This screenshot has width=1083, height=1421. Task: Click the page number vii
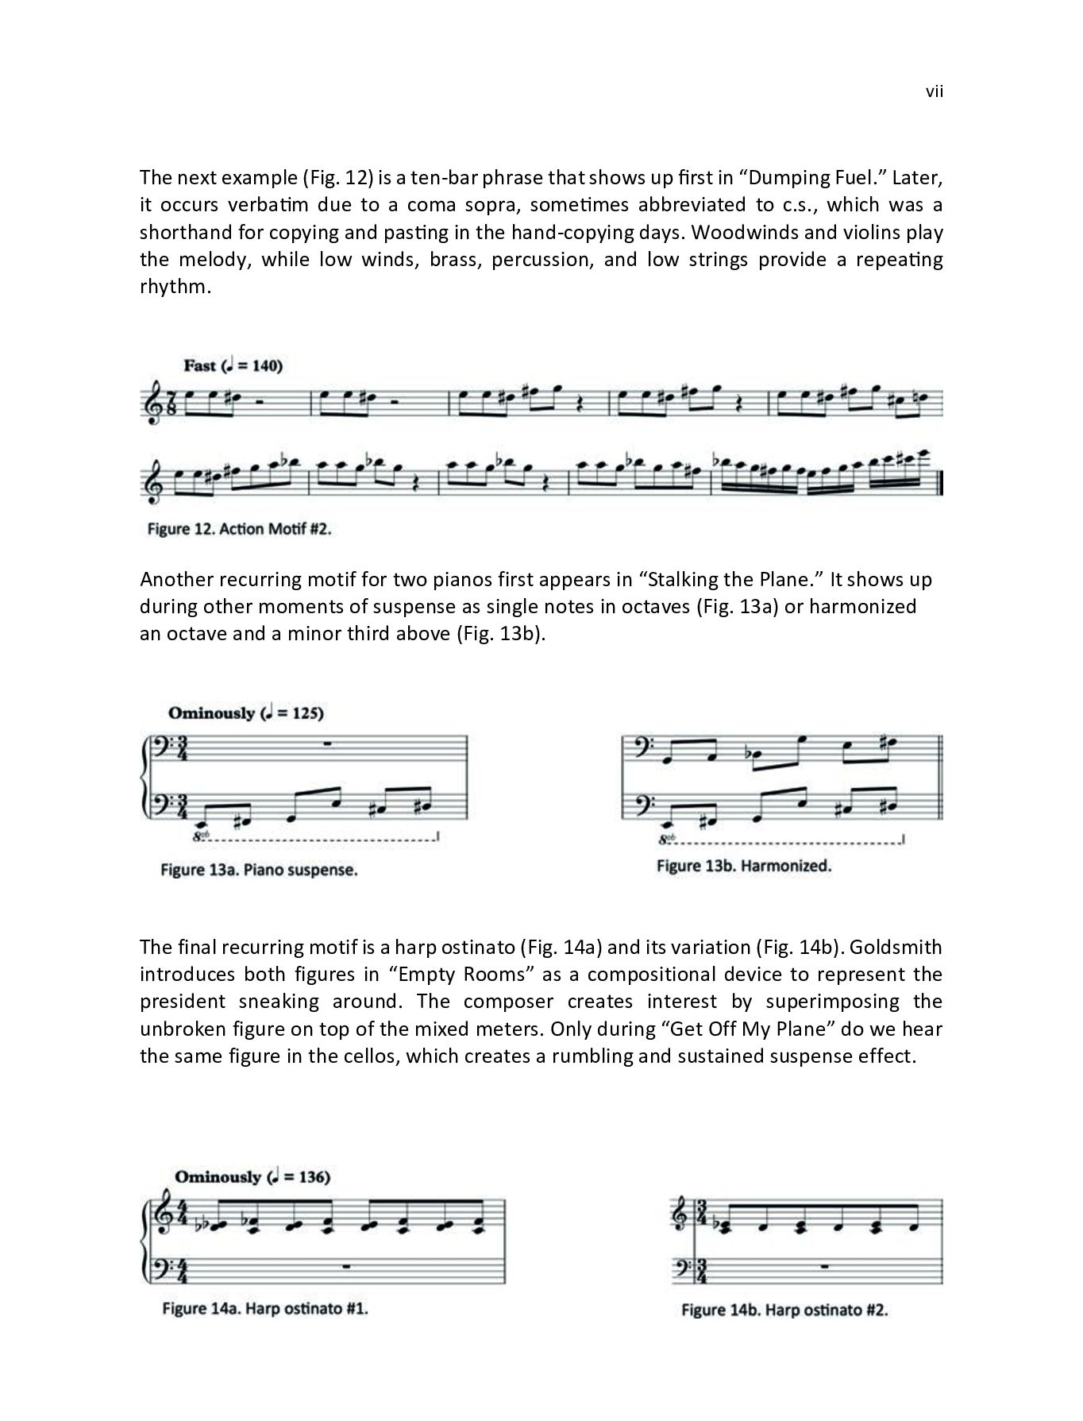tap(934, 92)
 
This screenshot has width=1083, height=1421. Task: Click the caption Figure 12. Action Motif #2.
tap(238, 530)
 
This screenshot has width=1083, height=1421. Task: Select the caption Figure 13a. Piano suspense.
tap(258, 870)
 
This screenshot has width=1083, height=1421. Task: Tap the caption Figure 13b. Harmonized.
tap(743, 866)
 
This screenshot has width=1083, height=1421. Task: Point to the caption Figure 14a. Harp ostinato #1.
tap(264, 1308)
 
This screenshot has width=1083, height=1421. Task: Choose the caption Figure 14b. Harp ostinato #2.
tap(784, 1310)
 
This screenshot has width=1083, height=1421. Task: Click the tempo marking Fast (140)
tap(233, 366)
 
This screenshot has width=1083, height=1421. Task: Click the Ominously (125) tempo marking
tap(246, 712)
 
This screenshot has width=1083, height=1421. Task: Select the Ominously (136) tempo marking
tap(252, 1176)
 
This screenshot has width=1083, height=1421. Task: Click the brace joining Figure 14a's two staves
tap(145, 1246)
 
